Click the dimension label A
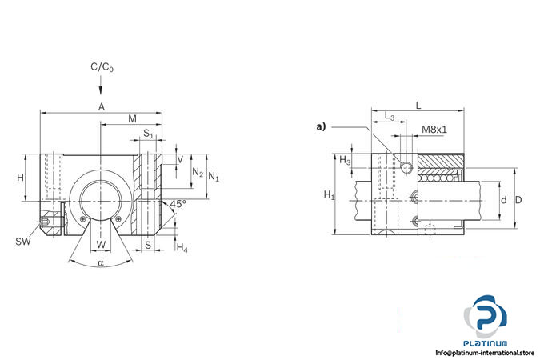[101, 106]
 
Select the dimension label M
[132, 119]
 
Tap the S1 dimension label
[148, 133]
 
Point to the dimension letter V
[179, 158]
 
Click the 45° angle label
[178, 204]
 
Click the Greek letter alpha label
[100, 262]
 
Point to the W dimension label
[100, 244]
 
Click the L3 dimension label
[390, 117]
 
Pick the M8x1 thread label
[434, 129]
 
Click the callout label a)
[322, 126]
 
